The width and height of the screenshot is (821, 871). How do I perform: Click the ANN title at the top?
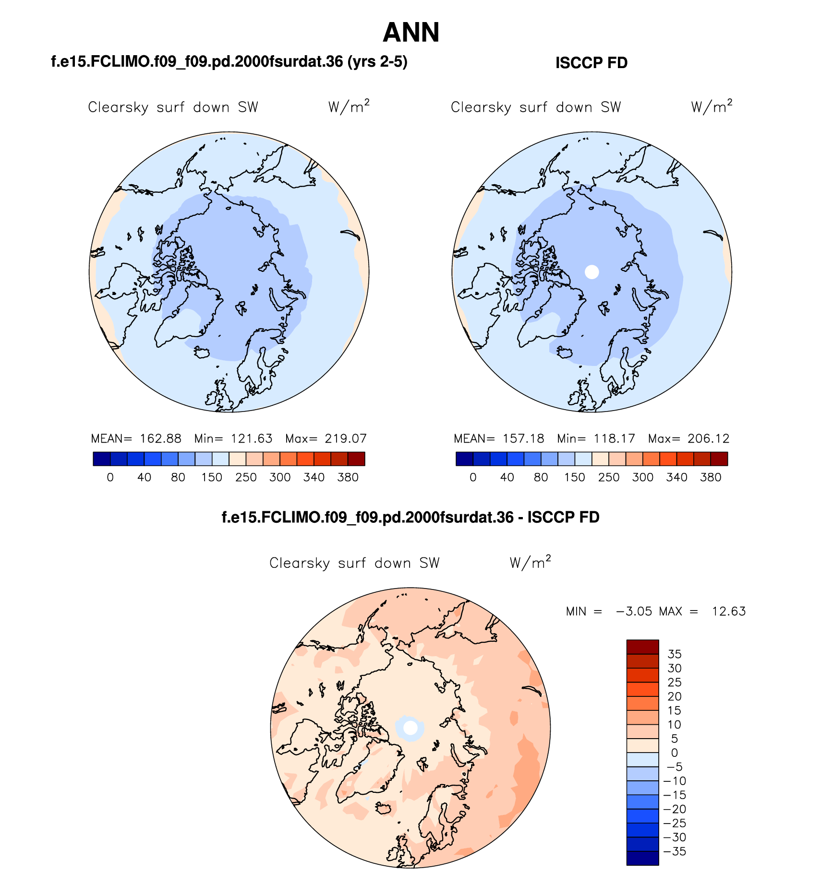[x=411, y=33]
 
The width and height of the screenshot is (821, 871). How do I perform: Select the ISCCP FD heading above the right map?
[x=591, y=63]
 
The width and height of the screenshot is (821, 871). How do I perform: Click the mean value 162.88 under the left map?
[x=160, y=438]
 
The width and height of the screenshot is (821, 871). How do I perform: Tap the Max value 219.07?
[x=346, y=438]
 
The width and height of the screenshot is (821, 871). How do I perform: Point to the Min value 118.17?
[x=614, y=438]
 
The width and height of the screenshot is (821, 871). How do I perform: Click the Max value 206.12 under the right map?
[x=708, y=438]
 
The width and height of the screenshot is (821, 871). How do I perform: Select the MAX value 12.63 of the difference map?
[x=728, y=611]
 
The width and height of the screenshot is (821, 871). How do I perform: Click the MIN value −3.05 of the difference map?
[x=634, y=611]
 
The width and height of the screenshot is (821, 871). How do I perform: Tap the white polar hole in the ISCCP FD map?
[x=592, y=272]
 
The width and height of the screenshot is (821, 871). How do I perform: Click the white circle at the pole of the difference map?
[x=410, y=728]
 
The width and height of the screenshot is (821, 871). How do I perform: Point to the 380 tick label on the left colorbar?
[x=348, y=477]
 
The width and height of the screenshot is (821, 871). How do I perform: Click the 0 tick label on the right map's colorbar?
[x=473, y=477]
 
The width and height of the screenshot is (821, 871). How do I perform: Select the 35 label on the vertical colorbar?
[x=675, y=654]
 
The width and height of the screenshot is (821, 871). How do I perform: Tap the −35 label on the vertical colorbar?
[x=674, y=851]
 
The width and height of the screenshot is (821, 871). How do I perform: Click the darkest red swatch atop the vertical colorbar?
[x=642, y=647]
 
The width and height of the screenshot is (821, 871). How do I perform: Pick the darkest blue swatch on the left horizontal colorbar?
[x=102, y=459]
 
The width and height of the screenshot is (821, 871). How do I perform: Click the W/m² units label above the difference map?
[x=530, y=562]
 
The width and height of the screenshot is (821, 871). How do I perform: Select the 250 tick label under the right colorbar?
[x=609, y=477]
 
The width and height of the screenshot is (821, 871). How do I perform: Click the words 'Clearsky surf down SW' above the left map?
[x=173, y=107]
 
